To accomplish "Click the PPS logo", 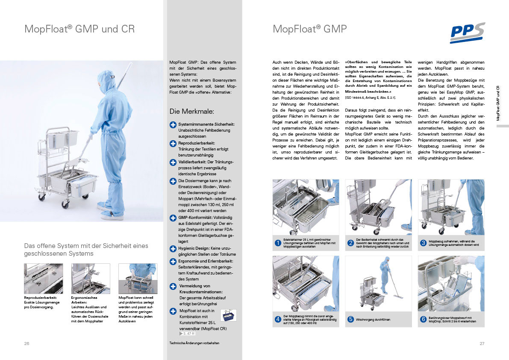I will (467, 32).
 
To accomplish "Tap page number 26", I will (27, 343).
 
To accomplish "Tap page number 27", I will (482, 343).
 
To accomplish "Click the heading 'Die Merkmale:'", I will (191, 112).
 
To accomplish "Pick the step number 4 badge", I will (278, 319).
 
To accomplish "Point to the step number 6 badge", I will (423, 319).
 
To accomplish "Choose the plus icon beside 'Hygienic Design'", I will (173, 248).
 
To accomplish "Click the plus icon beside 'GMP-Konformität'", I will (173, 218).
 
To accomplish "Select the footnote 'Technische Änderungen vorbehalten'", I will (194, 343).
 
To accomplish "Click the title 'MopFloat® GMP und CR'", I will (79, 29).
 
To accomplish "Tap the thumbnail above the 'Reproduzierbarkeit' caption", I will (44, 278).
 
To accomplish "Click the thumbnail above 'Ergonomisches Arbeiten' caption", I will (91, 278).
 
